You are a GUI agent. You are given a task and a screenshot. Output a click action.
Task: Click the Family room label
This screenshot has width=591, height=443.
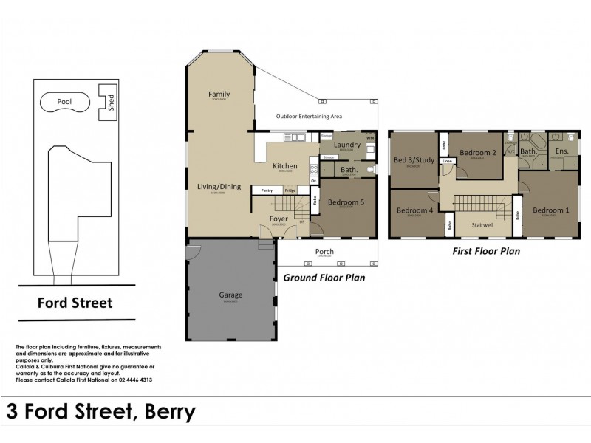[x=219, y=94]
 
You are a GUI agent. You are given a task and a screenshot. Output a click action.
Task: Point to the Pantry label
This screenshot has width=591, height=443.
[x=266, y=190]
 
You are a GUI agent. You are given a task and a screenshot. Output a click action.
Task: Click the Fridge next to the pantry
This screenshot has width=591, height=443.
[x=290, y=190]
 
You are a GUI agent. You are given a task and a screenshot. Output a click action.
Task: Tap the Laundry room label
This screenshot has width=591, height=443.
[x=346, y=145]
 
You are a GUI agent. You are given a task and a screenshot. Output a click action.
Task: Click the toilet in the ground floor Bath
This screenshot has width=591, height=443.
[x=371, y=169]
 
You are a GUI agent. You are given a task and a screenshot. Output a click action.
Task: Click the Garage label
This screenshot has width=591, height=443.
[x=230, y=295]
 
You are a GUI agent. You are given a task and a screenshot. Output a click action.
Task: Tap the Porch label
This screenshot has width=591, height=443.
[x=324, y=252]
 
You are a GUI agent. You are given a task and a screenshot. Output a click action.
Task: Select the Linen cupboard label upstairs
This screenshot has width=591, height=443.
[x=447, y=160]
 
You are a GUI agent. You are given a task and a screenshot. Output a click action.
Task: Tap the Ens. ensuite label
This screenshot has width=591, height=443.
[x=561, y=151]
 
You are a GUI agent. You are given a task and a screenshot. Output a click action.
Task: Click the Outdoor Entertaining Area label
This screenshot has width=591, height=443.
[x=309, y=117]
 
